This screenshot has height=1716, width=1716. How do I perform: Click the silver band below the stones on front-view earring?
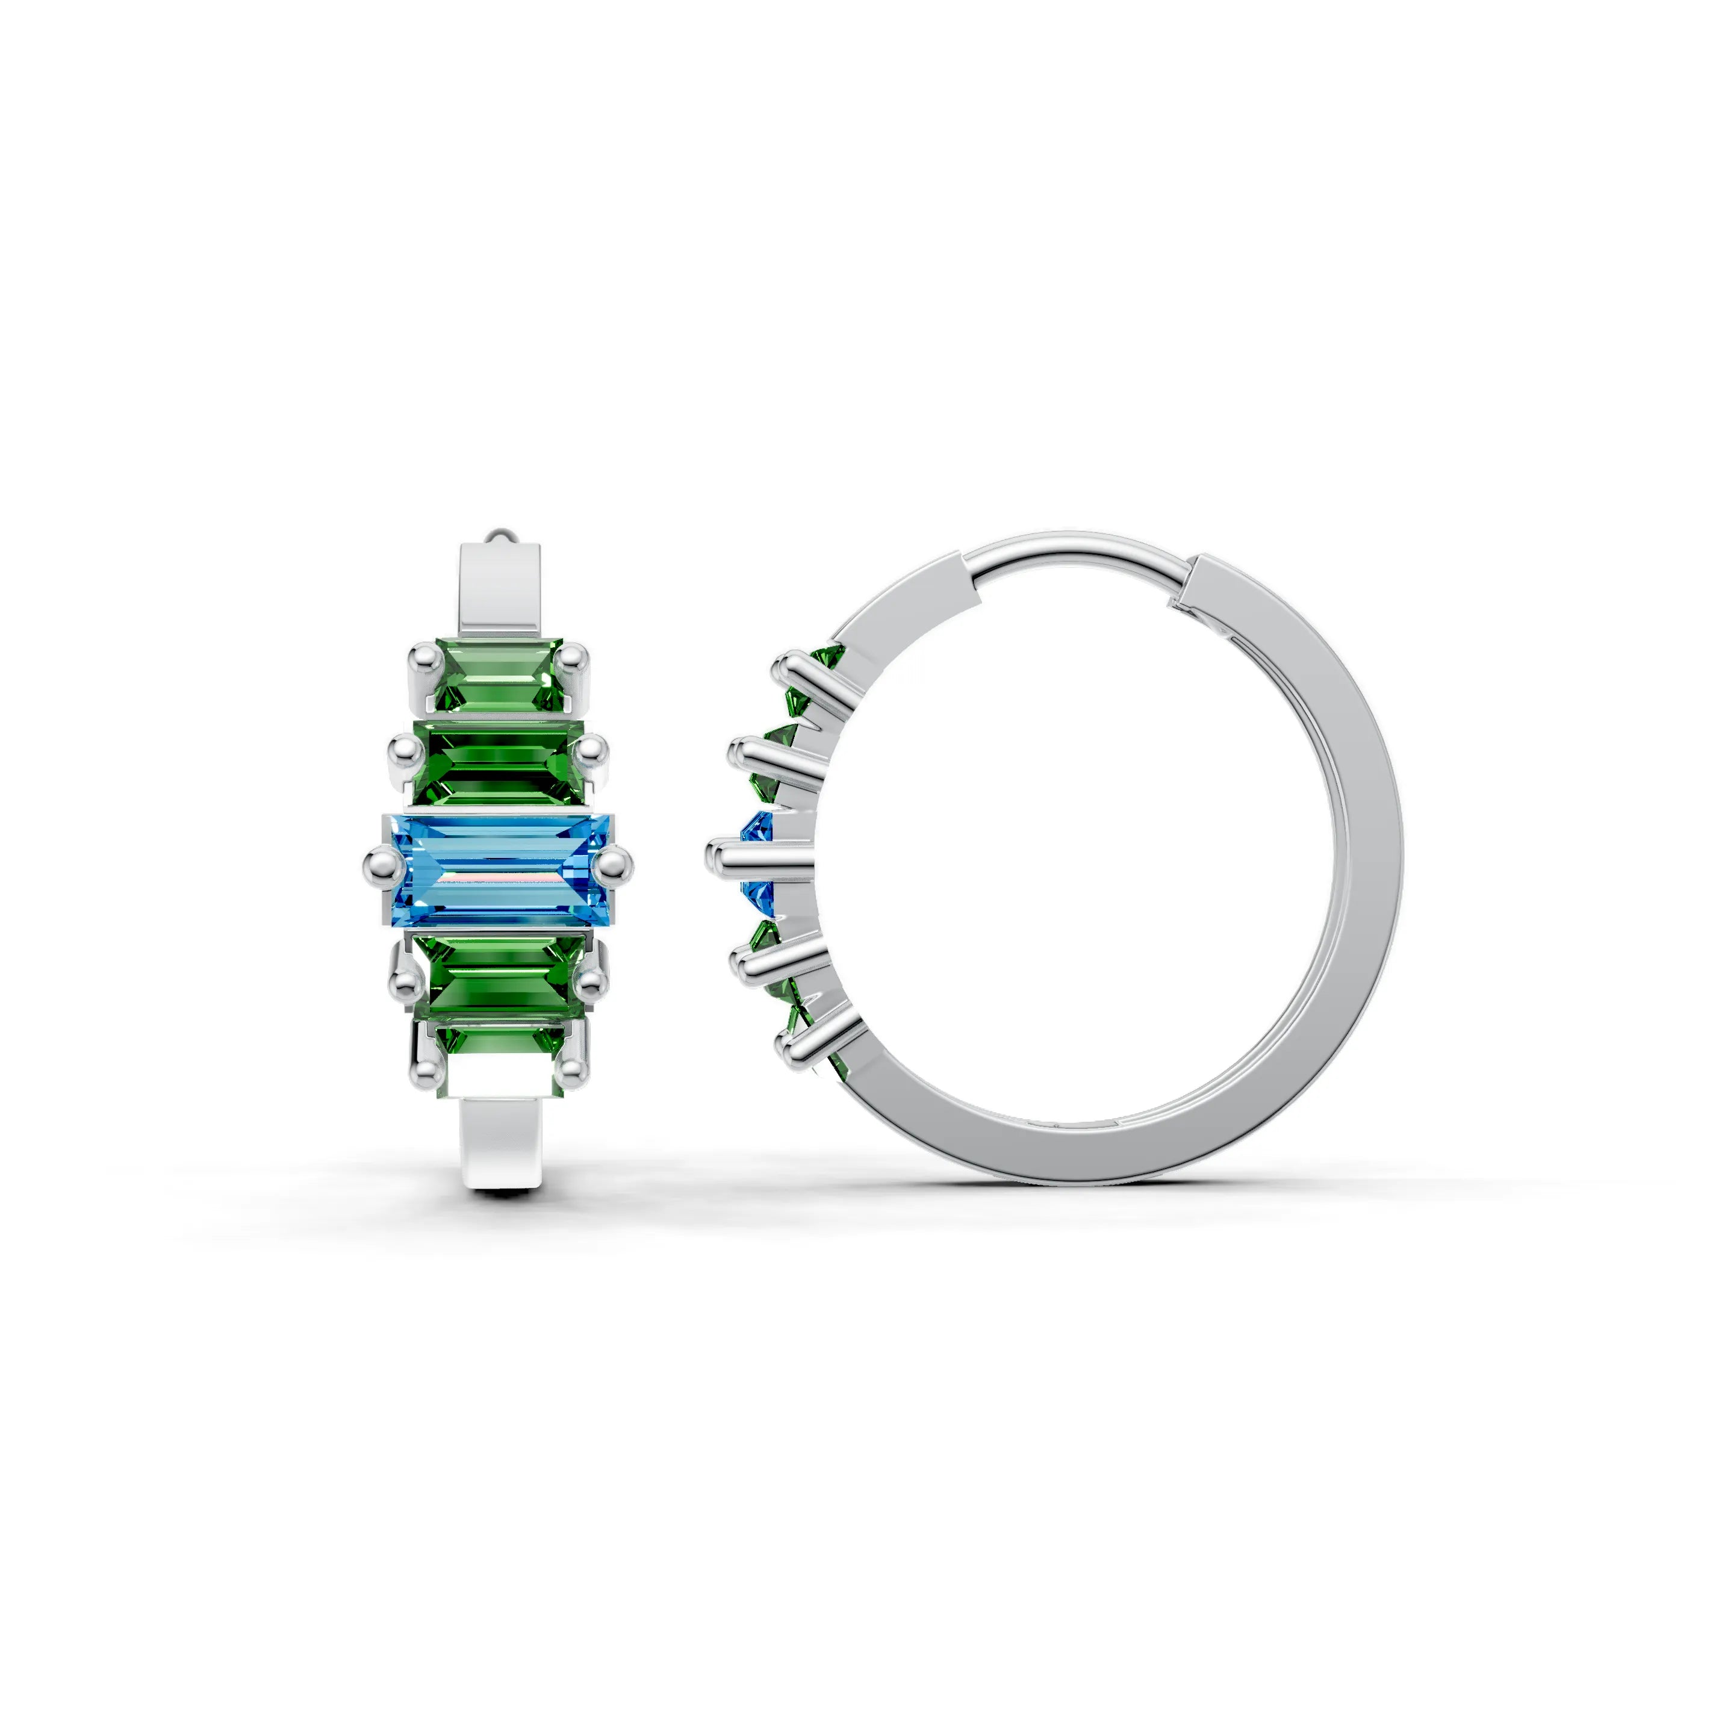pyautogui.click(x=500, y=1146)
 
